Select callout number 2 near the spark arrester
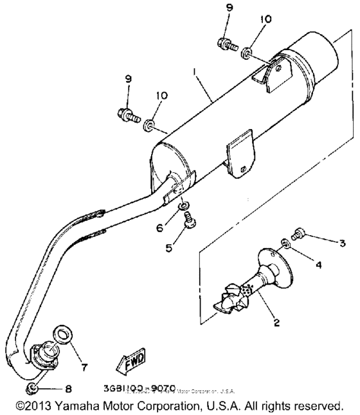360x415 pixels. [x=276, y=323]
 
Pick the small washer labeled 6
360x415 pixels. [x=184, y=207]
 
